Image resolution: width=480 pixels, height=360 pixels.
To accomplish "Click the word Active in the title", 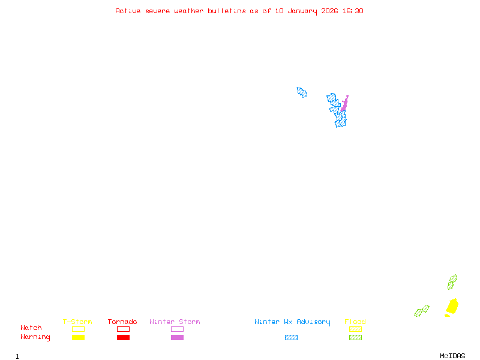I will [128, 11].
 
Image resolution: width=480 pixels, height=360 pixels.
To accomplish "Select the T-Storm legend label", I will [77, 322].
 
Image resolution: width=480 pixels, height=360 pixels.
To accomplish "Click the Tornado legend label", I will [122, 322].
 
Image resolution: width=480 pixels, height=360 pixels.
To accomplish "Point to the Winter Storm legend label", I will [175, 322].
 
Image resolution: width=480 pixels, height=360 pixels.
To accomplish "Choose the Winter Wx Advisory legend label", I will [292, 322].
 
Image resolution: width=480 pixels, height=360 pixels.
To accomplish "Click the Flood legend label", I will [355, 322].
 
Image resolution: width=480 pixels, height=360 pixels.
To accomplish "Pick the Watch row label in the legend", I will [31, 328].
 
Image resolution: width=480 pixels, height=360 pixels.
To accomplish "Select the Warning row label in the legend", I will [35, 337].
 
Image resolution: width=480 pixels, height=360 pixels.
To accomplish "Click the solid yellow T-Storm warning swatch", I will [78, 338].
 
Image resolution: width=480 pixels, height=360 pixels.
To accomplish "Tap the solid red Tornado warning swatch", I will [123, 338].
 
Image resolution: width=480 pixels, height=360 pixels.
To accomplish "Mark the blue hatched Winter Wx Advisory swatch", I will [291, 338].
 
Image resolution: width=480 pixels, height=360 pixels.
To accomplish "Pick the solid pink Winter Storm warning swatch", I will [177, 338].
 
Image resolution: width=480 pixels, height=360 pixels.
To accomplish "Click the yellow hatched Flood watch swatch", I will [355, 329].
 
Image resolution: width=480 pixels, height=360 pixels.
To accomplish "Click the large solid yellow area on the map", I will [452, 307].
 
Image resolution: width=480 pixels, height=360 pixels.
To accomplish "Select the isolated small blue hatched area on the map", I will [302, 92].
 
